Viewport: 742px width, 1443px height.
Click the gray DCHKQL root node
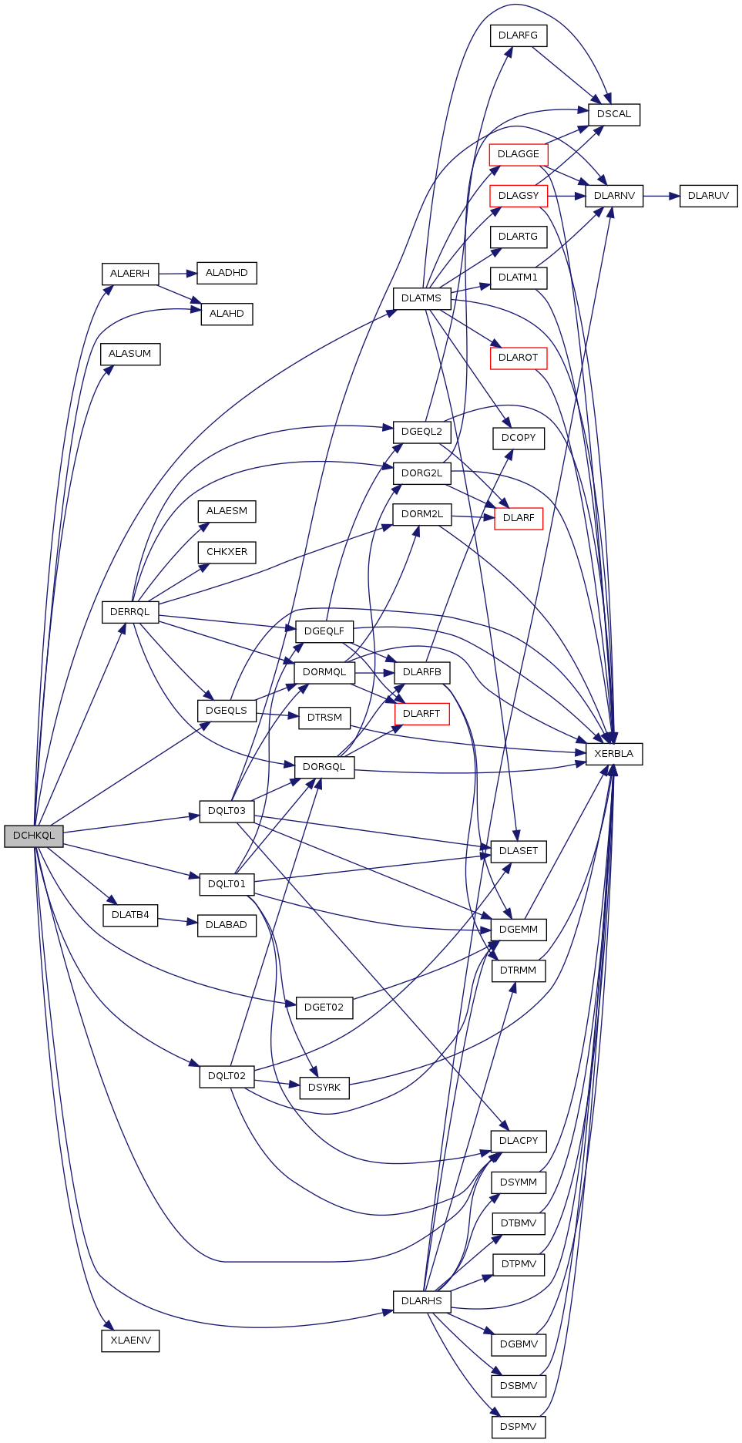click(34, 836)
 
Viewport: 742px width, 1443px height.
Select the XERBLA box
click(613, 754)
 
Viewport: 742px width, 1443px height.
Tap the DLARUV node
click(708, 196)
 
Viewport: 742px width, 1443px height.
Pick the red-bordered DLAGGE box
click(518, 154)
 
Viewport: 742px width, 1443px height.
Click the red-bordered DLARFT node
click(421, 714)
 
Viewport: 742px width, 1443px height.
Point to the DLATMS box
click(421, 298)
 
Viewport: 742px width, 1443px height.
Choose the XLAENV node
click(130, 1340)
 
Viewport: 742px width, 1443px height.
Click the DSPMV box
click(518, 1427)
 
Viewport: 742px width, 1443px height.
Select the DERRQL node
click(129, 612)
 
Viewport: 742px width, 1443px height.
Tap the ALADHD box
click(227, 273)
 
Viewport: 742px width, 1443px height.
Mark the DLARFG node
click(518, 35)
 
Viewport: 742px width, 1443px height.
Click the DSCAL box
click(613, 114)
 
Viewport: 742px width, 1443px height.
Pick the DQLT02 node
click(227, 1076)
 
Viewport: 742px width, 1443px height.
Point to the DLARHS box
click(421, 1301)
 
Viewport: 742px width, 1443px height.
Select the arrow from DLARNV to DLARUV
click(661, 196)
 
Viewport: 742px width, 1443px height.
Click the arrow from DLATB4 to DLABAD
click(178, 920)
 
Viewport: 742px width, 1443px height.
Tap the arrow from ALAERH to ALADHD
click(178, 274)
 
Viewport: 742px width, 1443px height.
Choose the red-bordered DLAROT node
click(518, 358)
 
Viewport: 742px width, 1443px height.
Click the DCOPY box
click(518, 438)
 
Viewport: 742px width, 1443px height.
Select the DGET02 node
click(324, 1007)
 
